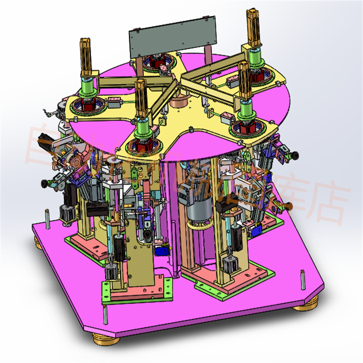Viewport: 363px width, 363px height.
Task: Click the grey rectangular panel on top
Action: (x=172, y=37)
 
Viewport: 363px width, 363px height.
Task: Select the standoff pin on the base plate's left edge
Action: (x=47, y=217)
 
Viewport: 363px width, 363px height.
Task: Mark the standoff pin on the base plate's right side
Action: (x=302, y=278)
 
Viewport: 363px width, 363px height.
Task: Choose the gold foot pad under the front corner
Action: (x=105, y=338)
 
